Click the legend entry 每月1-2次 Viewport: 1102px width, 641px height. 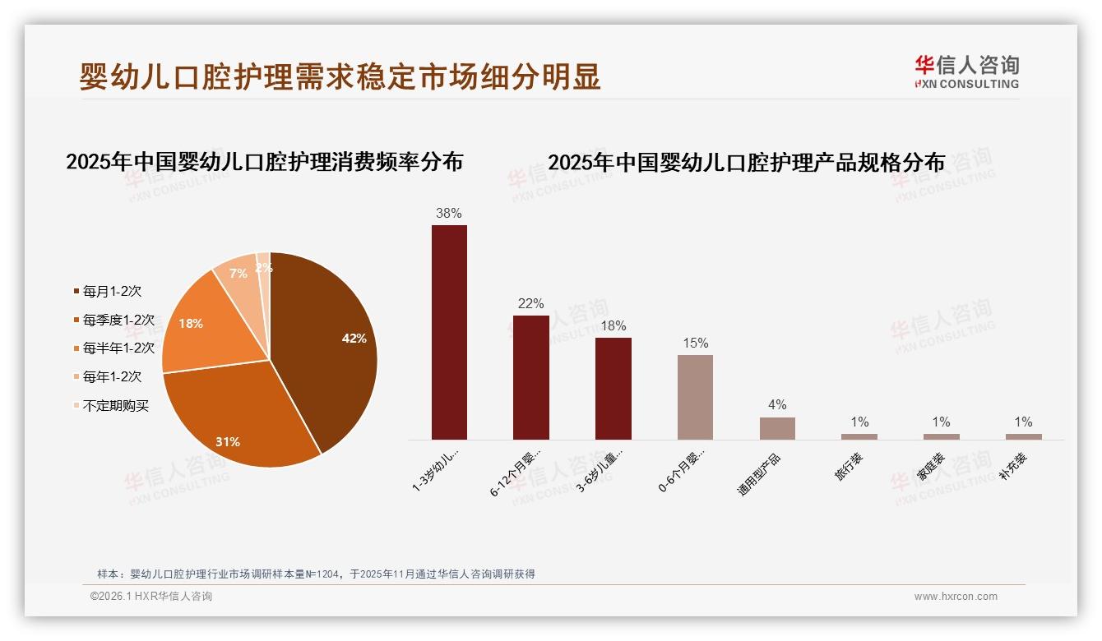point(112,291)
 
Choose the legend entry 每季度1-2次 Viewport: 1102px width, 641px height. point(118,320)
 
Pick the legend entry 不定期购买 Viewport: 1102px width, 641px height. point(115,405)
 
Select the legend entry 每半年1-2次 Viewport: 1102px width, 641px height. point(118,348)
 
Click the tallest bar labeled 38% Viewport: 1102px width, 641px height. point(449,332)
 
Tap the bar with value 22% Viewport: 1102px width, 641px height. point(530,377)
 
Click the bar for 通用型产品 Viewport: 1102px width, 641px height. point(777,428)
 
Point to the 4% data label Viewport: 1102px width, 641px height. point(777,404)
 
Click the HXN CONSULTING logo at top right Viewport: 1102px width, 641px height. point(966,71)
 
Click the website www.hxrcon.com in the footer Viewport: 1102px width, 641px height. point(956,597)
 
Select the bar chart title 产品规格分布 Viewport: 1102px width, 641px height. point(746,162)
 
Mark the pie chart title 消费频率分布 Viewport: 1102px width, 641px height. point(264,161)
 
